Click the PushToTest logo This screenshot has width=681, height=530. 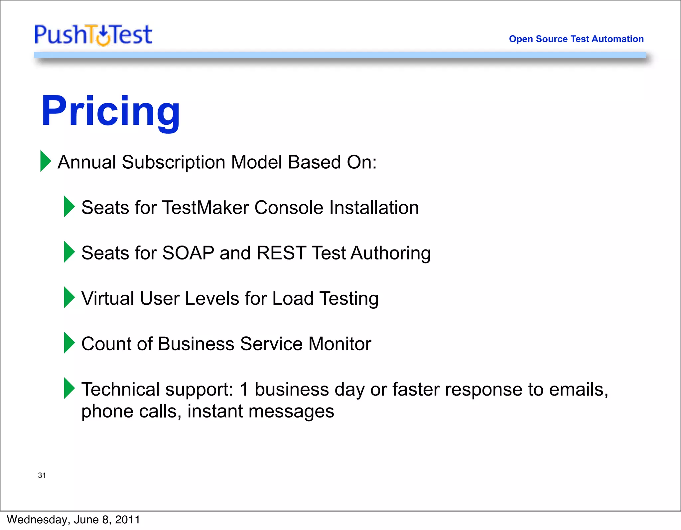point(93,35)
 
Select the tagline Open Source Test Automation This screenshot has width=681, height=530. point(576,39)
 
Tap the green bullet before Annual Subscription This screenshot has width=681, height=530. point(46,161)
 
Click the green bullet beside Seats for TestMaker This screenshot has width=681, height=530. point(69,207)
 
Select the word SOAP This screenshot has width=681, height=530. point(188,253)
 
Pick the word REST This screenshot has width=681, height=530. point(281,253)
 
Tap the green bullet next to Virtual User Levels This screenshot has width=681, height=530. point(69,297)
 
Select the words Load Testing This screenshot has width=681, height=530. point(325,298)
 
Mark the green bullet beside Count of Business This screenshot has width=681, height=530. point(69,343)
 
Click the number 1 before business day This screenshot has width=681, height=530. point(244,389)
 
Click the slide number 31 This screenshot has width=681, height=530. point(42,475)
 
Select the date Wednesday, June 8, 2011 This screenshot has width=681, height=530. point(73,520)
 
